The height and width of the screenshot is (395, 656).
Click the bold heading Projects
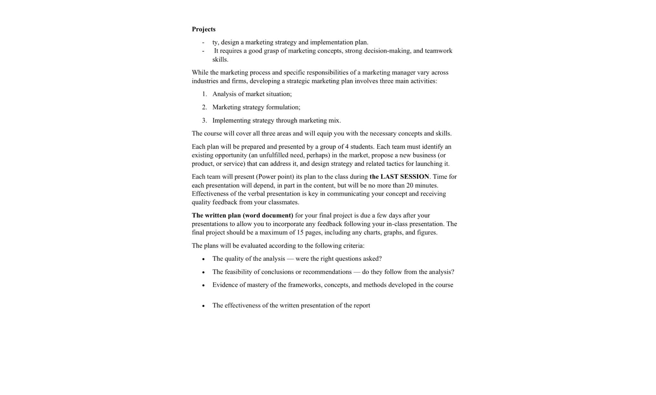[203, 29]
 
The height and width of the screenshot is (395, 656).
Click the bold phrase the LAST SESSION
[399, 177]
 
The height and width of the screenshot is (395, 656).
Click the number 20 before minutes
[410, 185]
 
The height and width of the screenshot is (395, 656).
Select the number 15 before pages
[300, 232]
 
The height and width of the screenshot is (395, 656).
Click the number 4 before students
[347, 147]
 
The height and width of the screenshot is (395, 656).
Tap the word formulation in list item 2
[283, 107]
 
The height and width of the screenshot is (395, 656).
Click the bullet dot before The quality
[203, 259]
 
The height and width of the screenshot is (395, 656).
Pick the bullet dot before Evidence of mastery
[203, 285]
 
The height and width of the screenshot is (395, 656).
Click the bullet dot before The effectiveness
[203, 306]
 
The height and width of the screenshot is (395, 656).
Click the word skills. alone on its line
[220, 60]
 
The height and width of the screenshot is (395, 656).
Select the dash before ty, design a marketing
[203, 42]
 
